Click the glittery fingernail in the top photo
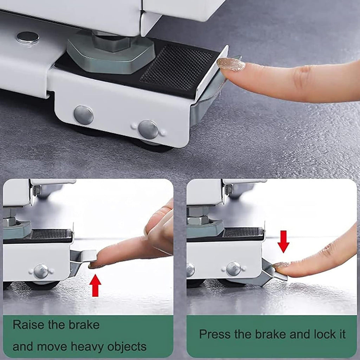click(x=231, y=64)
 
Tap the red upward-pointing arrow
click(x=95, y=285)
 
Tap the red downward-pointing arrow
click(x=284, y=242)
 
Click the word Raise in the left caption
click(x=28, y=325)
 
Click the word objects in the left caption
click(x=127, y=347)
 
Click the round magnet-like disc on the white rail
click(x=28, y=38)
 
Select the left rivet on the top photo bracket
click(x=84, y=115)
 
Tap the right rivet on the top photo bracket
click(x=148, y=129)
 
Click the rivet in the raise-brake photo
click(x=41, y=271)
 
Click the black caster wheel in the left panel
click(x=43, y=285)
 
